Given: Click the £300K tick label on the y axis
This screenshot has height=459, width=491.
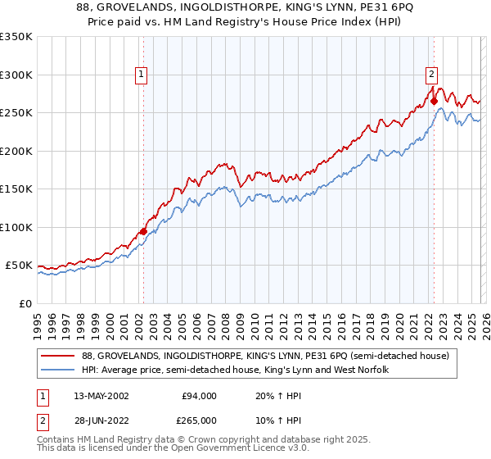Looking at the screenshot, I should pos(16,75).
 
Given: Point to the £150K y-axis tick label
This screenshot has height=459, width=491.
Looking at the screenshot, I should pos(16,189).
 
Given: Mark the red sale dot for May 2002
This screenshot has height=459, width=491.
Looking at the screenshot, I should pos(143,232).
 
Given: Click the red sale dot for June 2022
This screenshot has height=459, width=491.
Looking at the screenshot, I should pos(434,102).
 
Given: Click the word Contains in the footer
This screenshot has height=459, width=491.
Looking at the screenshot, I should pos(57,442).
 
